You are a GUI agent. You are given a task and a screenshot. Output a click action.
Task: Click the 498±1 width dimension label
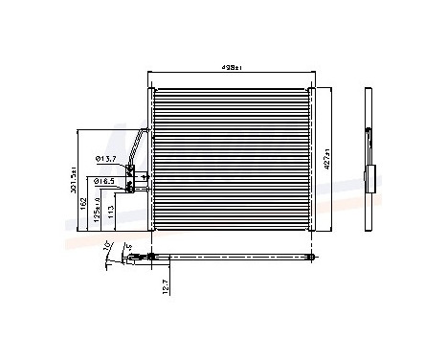coord(230,68)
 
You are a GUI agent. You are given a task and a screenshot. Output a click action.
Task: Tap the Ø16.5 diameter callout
coord(104,180)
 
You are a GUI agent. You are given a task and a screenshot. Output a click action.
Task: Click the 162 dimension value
coord(84,203)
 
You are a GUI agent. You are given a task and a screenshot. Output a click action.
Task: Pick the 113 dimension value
coord(112,211)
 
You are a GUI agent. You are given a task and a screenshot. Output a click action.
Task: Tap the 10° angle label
coord(106,248)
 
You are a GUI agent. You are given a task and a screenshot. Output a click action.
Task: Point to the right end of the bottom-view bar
coord(311,256)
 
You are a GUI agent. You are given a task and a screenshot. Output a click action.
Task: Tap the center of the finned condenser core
coord(231,159)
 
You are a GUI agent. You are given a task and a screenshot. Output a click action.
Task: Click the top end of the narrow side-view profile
coord(369,92)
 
